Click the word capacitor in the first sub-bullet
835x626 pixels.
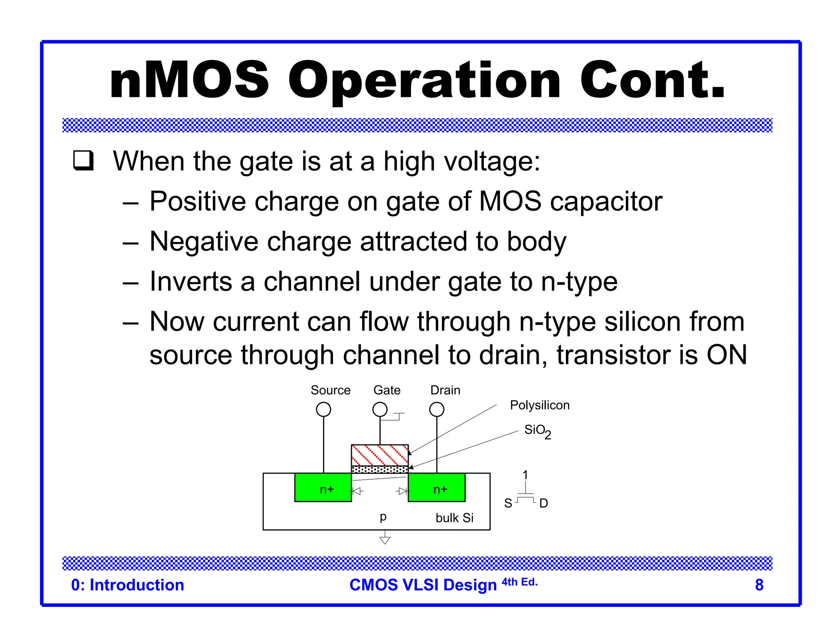coord(606,202)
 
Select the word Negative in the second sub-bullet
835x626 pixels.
coord(204,241)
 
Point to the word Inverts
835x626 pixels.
coord(190,282)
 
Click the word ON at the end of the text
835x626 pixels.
coord(727,355)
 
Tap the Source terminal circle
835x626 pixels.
coord(323,409)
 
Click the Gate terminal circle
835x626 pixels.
coord(380,409)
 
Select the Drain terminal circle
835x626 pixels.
coord(437,409)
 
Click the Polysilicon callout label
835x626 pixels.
coord(539,405)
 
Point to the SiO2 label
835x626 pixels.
coord(537,430)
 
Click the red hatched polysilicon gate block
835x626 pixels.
coord(380,455)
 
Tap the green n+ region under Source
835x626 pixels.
coord(323,487)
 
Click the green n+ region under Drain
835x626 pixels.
coord(437,487)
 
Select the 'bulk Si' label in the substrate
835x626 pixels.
coord(454,518)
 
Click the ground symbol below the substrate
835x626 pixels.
coord(385,540)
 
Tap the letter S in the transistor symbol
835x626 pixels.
coord(508,503)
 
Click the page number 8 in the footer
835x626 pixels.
coord(759,585)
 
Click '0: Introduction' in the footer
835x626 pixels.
coord(128,585)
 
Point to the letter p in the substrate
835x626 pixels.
coord(383,517)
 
